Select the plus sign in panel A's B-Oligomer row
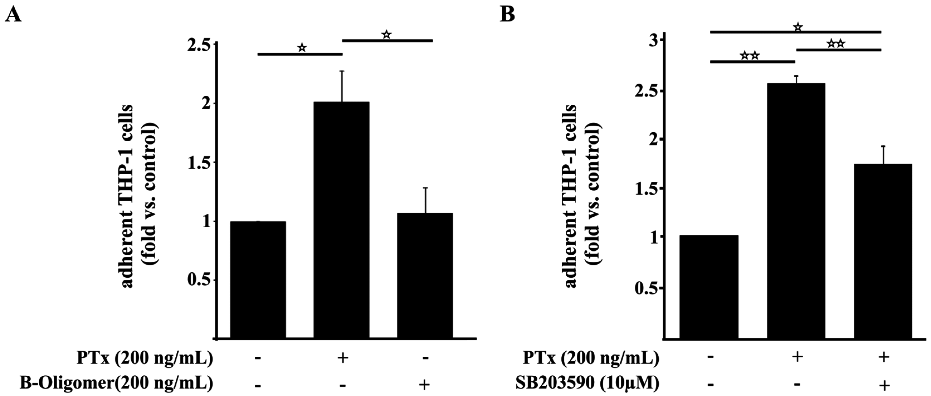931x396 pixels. tap(425, 384)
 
